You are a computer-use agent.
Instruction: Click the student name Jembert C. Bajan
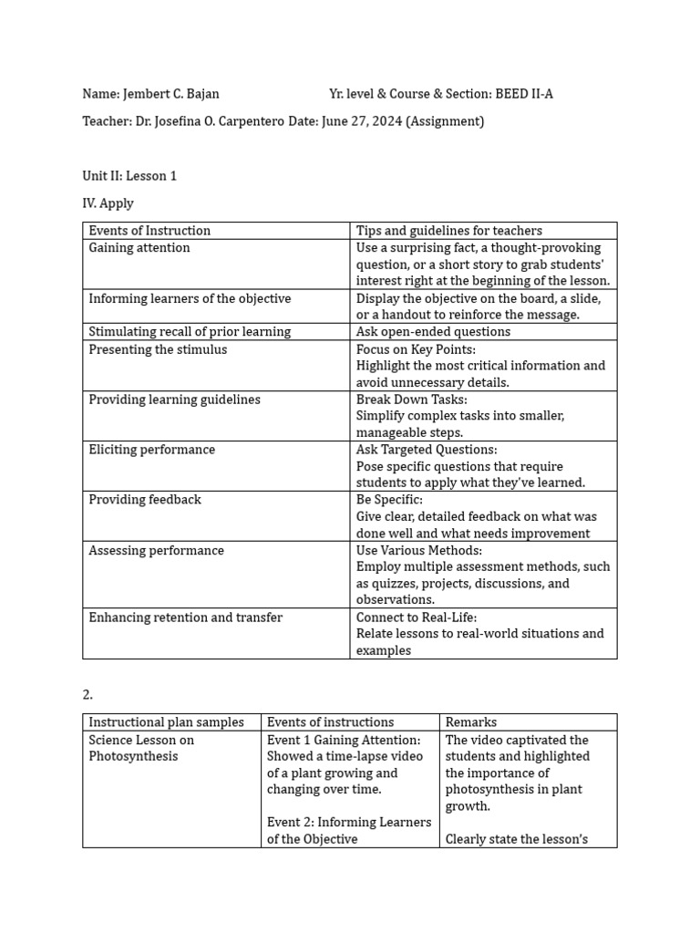tap(170, 94)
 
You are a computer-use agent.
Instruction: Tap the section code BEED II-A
tap(523, 94)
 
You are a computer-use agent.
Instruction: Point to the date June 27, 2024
tap(362, 121)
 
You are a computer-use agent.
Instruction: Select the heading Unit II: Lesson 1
tap(129, 176)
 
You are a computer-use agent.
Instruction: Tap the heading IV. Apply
tap(108, 203)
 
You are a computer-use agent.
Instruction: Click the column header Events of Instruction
tap(149, 231)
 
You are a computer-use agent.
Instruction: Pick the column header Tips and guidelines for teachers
tap(448, 231)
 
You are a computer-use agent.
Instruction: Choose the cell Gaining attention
tap(139, 248)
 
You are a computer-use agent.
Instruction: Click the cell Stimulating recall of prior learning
tap(190, 332)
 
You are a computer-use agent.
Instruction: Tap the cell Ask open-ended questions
tap(433, 332)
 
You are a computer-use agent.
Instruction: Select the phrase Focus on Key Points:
tap(416, 349)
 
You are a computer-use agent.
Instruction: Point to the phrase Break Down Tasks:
tap(412, 400)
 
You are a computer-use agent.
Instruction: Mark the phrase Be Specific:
tap(389, 500)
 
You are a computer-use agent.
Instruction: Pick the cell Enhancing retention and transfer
tap(186, 617)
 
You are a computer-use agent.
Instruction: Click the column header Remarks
tap(471, 722)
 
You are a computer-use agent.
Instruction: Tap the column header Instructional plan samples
tap(166, 722)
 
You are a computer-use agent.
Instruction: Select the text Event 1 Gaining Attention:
tap(344, 740)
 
